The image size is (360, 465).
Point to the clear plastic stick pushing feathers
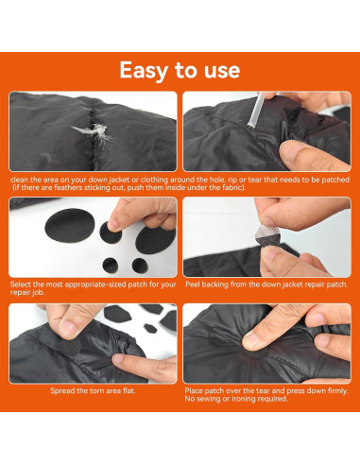[257, 110]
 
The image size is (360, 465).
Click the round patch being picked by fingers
[111, 232]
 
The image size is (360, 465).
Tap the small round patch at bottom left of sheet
[111, 266]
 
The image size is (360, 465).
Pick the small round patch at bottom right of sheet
[140, 266]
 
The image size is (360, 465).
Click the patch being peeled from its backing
[267, 235]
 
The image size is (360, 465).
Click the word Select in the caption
[21, 284]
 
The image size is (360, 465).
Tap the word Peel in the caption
[193, 284]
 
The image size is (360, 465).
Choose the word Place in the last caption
[194, 390]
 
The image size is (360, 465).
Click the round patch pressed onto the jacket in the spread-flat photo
[70, 346]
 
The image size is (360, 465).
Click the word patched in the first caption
[337, 180]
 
